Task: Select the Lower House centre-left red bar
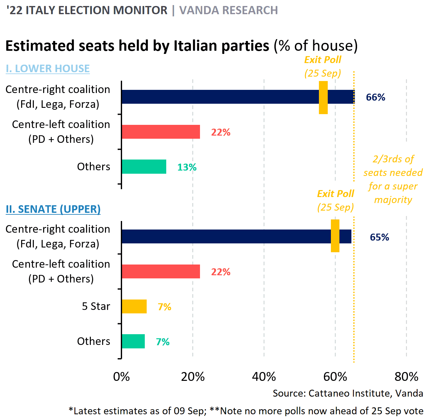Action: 161,132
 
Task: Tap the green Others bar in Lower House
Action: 144,167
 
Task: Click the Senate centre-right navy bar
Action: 226,236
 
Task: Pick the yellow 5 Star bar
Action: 134,306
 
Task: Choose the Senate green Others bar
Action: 133,341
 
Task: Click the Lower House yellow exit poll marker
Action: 323,97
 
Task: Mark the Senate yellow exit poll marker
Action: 335,236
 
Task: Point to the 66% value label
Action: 375,97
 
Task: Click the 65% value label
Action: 379,237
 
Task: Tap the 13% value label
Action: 187,167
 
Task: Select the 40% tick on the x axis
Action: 264,377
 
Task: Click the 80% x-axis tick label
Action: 406,377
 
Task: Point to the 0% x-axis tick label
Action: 121,377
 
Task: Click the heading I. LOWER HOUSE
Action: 48,68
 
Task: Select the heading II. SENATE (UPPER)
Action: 53,209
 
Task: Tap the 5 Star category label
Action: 96,306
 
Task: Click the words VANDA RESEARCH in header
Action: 228,10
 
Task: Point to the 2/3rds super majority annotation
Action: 393,179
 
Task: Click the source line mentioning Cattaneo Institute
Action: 348,393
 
